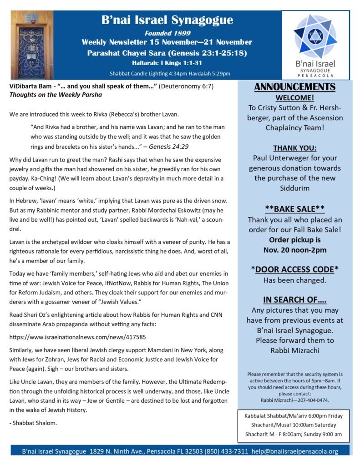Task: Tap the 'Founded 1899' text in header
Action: [167, 33]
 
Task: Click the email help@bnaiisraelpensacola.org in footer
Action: [295, 451]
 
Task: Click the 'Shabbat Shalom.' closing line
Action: [28, 423]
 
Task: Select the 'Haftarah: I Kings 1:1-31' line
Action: [167, 63]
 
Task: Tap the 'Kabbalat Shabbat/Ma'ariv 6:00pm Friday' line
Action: [294, 415]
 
